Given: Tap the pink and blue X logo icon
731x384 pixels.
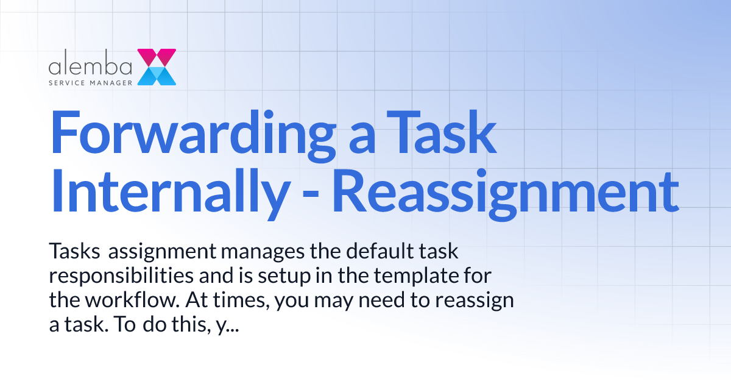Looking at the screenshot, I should (157, 67).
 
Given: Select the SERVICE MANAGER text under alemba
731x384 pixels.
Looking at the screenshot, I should (91, 80).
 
